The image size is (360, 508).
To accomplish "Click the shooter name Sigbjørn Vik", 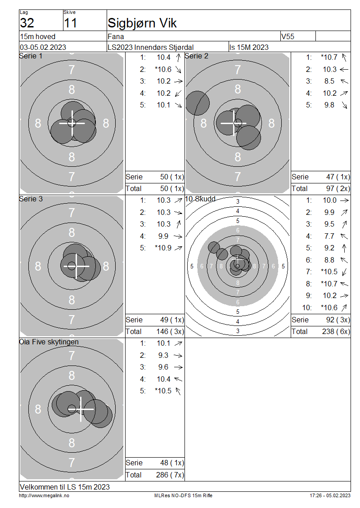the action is point(142,23).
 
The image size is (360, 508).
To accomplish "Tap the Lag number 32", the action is point(27,23).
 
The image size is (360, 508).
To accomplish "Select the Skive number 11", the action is point(70,23).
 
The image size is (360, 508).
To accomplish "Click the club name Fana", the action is point(116,36).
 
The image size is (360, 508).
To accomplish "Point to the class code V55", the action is point(288,36).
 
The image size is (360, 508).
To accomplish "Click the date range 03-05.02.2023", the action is point(43,47).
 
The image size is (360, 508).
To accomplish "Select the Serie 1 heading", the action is point(31,56).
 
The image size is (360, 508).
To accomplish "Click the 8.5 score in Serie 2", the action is point(329,81).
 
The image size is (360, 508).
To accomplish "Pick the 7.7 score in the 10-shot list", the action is point(329,236).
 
